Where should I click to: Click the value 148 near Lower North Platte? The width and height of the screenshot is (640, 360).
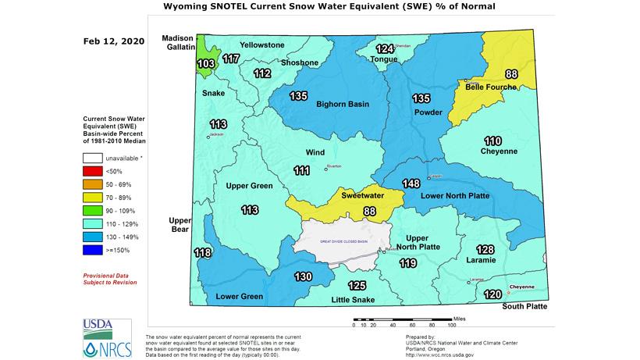(x=411, y=184)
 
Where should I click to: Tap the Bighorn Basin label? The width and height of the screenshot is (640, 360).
(x=342, y=104)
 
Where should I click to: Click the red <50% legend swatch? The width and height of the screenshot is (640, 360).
(x=93, y=171)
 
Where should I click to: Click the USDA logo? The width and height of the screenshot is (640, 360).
(x=97, y=327)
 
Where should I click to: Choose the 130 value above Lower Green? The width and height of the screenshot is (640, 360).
(x=303, y=276)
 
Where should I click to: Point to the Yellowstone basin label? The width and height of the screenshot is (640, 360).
(x=262, y=45)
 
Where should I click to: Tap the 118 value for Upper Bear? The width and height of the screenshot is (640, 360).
(x=202, y=253)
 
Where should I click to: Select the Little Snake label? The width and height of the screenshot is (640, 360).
(x=351, y=300)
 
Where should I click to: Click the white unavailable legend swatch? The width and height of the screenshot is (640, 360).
(x=93, y=158)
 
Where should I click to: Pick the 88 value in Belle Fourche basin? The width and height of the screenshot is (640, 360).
(x=511, y=74)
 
